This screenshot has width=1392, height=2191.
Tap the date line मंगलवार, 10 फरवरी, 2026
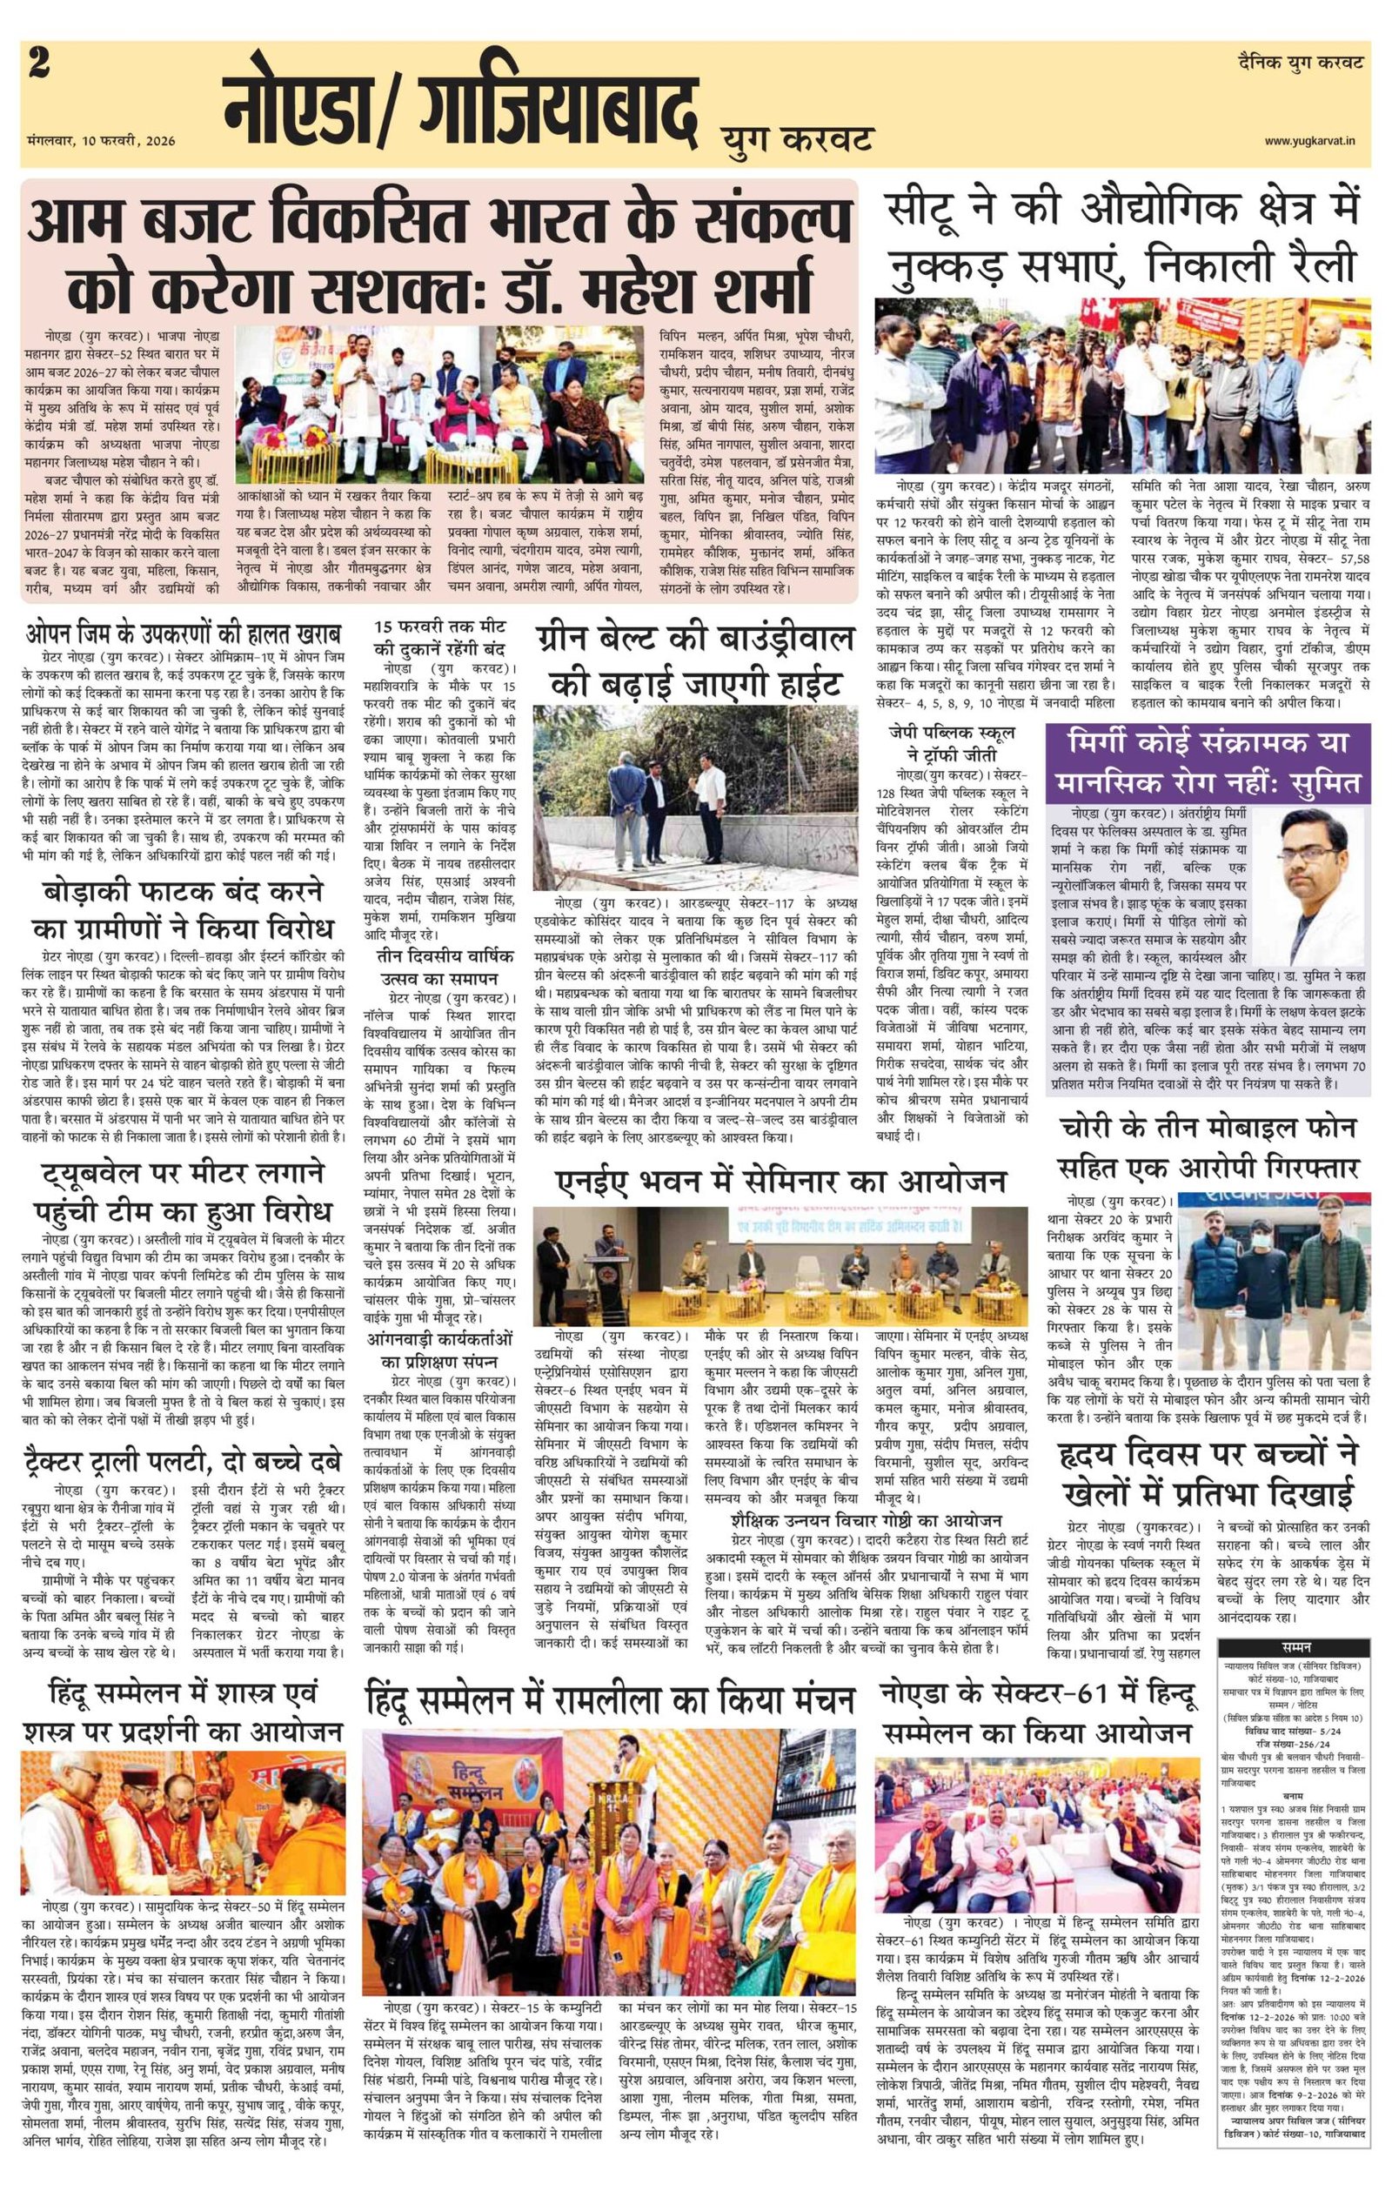102,139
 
